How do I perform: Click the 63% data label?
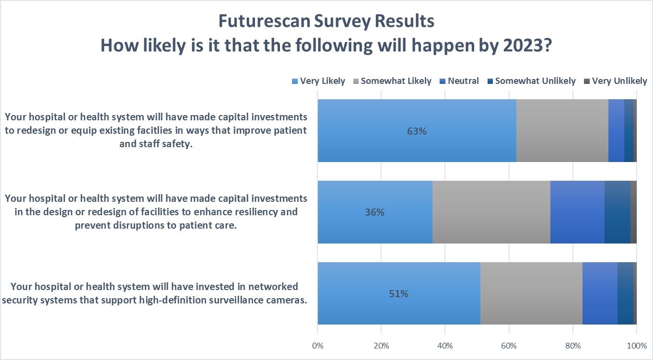417,131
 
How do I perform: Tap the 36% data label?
374,212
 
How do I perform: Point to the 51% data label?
398,294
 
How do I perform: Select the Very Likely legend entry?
318,81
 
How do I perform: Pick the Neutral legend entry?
459,81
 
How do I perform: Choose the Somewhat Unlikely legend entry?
531,81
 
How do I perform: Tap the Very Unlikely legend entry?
615,81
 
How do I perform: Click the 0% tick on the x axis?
317,346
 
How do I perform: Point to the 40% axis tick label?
445,346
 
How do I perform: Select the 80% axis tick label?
572,346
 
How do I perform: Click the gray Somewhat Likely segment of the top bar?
562,130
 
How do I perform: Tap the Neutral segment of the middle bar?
577,212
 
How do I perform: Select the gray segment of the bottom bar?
531,293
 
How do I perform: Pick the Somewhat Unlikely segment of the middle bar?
617,212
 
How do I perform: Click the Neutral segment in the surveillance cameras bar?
600,293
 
